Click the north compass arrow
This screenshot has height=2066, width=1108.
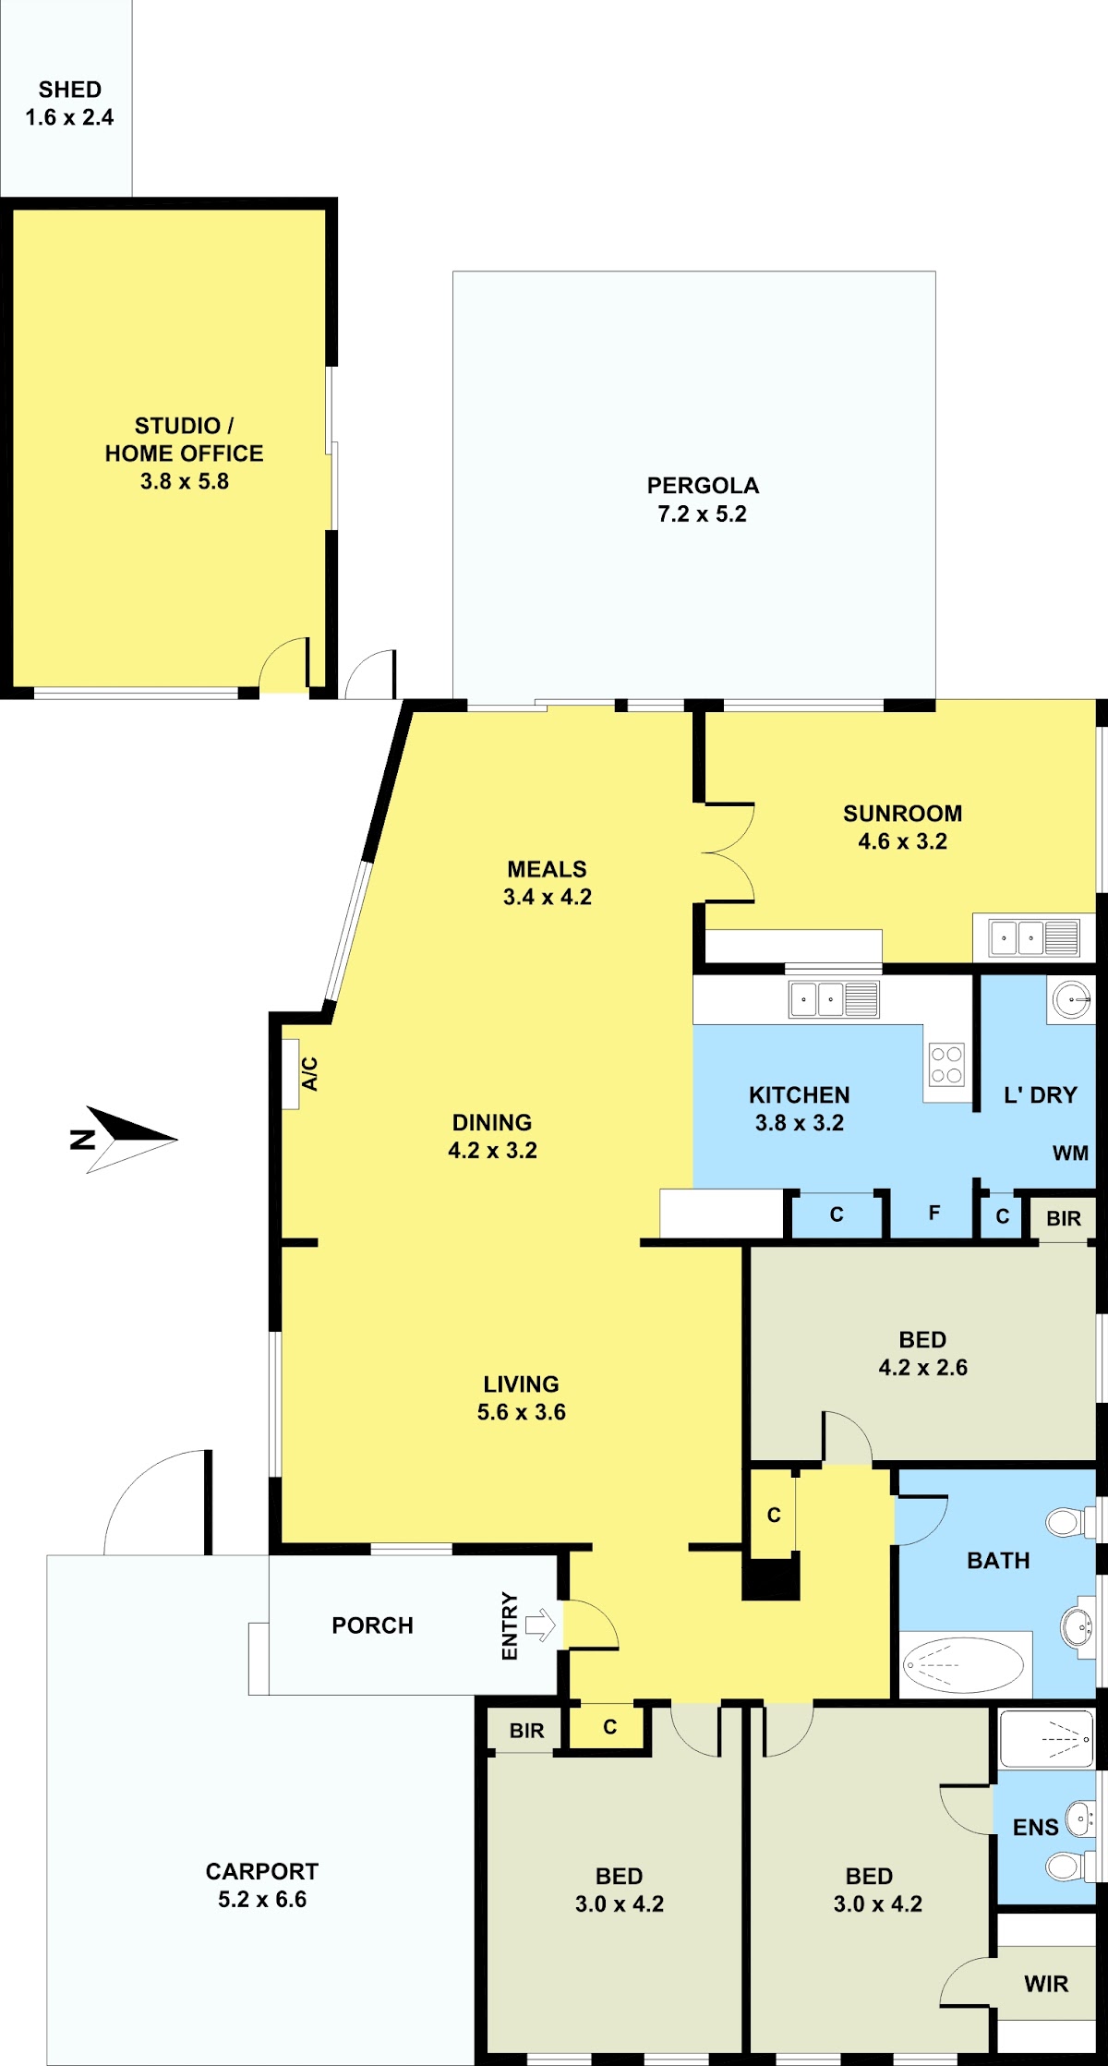pyautogui.click(x=130, y=1139)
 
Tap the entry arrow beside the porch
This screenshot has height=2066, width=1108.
pyautogui.click(x=541, y=1624)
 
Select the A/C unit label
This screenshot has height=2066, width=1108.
pyautogui.click(x=310, y=1073)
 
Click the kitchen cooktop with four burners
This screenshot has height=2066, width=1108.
pyautogui.click(x=946, y=1064)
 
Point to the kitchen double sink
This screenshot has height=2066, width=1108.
pyautogui.click(x=834, y=999)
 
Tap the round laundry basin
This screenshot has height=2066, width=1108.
pyautogui.click(x=1071, y=999)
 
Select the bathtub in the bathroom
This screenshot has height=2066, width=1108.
pyautogui.click(x=964, y=1665)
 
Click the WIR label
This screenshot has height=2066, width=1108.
pyautogui.click(x=1046, y=1984)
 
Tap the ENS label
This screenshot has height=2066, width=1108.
pyautogui.click(x=1035, y=1828)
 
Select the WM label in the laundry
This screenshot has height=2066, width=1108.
pyautogui.click(x=1070, y=1153)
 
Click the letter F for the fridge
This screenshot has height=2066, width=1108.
pyautogui.click(x=934, y=1213)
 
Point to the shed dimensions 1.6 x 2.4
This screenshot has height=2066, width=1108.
pyautogui.click(x=69, y=117)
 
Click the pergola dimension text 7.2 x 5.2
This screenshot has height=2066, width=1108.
pyautogui.click(x=702, y=513)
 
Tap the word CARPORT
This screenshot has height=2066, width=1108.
pyautogui.click(x=262, y=1871)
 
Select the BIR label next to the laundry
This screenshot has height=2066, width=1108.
pyautogui.click(x=1064, y=1218)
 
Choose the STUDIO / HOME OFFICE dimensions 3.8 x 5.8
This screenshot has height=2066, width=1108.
pyautogui.click(x=185, y=481)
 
